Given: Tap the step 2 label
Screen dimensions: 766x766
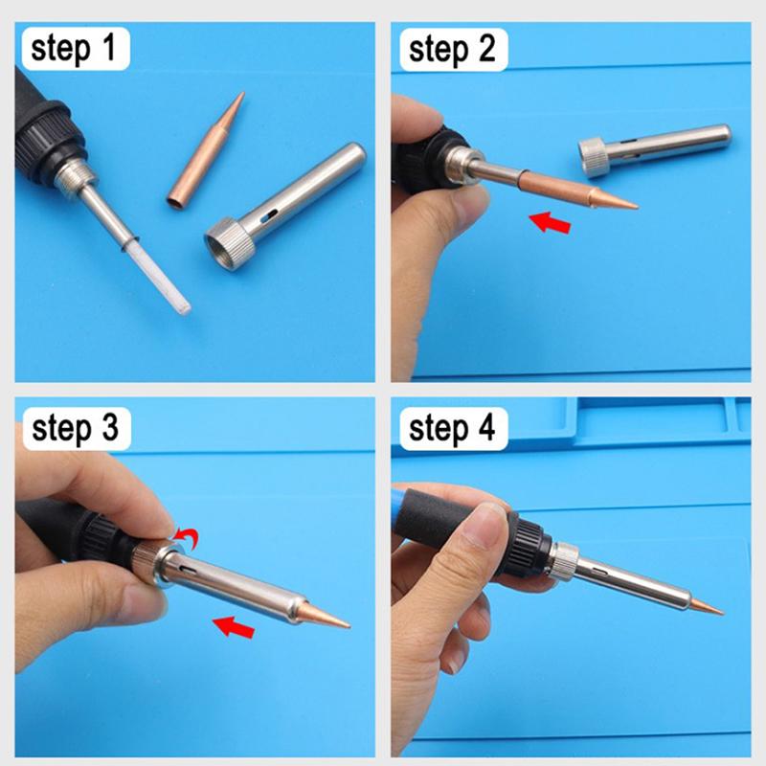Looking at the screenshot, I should [452, 50].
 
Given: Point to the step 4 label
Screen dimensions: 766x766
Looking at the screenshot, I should [452, 428].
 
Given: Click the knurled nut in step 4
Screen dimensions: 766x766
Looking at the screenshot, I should [565, 562].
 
